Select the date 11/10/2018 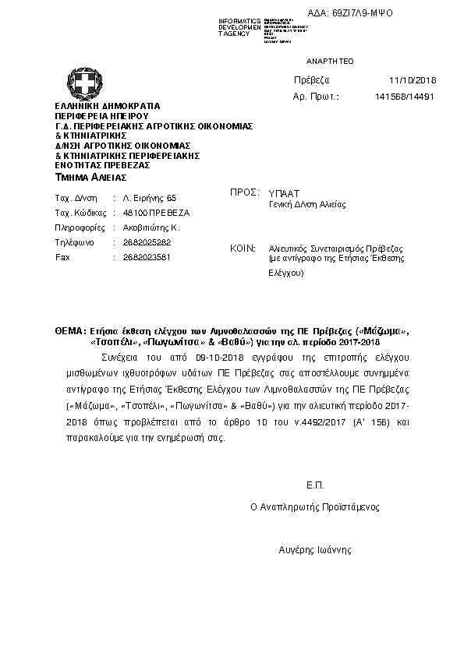(x=413, y=80)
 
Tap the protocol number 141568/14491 (x=405, y=97)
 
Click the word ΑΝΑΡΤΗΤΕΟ (x=330, y=60)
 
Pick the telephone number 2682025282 (x=147, y=242)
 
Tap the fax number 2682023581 (x=147, y=256)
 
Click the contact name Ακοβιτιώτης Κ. (x=152, y=227)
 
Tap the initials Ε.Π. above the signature (x=315, y=485)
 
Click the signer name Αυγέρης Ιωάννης (x=315, y=549)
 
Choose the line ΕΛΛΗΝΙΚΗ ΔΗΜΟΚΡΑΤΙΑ (x=107, y=105)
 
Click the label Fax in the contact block (x=62, y=256)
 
